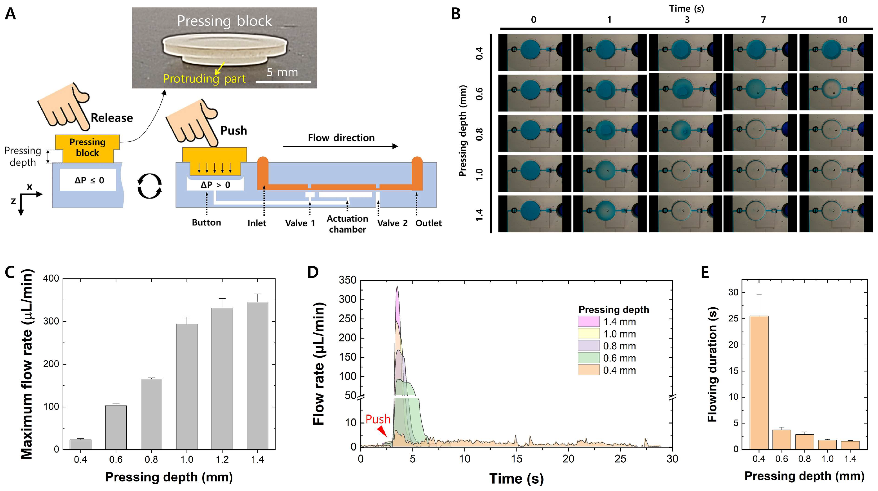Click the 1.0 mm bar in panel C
click(x=187, y=386)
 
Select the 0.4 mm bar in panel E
click(x=759, y=382)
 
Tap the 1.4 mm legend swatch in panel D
click(x=588, y=321)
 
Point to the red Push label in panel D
click(x=378, y=419)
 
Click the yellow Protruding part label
click(x=204, y=79)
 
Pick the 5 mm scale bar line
click(x=283, y=82)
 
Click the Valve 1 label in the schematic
click(x=300, y=223)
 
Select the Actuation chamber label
click(x=347, y=224)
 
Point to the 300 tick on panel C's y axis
click(x=51, y=321)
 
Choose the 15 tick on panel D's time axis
click(x=517, y=459)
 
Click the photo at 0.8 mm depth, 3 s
click(x=685, y=133)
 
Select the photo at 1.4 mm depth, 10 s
click(x=836, y=214)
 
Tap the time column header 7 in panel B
click(x=763, y=20)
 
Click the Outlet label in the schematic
click(x=428, y=223)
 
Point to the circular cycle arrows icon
click(x=150, y=186)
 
